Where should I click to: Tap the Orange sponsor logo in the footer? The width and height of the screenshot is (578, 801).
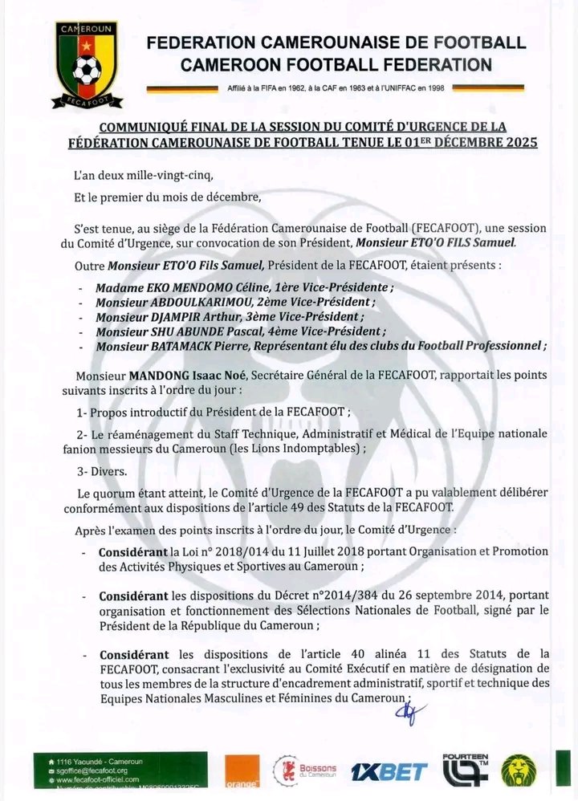point(241,772)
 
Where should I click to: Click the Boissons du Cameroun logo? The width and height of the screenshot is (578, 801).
point(308,771)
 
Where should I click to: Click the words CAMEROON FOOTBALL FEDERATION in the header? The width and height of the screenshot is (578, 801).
point(336,64)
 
